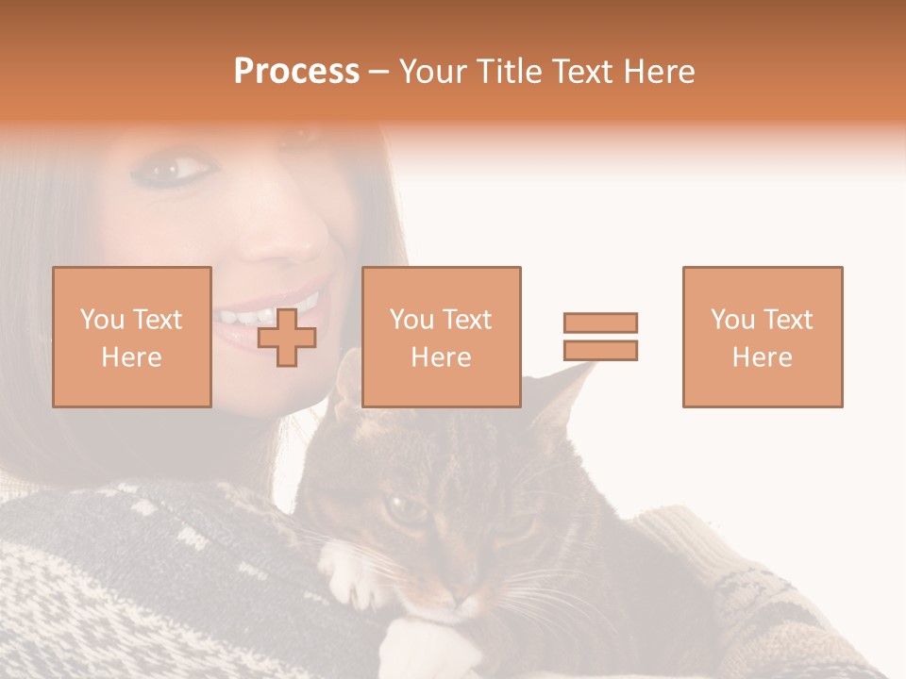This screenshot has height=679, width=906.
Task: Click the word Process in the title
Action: click(296, 72)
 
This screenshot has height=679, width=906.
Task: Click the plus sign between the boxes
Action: click(287, 337)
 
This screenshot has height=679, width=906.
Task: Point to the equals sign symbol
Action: click(600, 337)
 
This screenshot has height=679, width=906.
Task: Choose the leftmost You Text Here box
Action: click(132, 337)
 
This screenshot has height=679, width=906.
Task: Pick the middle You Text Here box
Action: click(441, 337)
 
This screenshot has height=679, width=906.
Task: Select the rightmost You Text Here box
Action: click(762, 337)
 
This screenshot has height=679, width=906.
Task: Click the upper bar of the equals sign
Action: click(600, 323)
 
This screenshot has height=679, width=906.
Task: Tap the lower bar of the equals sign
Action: click(600, 350)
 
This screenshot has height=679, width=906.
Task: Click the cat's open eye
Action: click(407, 509)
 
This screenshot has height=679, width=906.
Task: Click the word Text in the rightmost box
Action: click(786, 320)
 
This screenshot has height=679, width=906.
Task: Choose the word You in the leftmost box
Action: click(102, 320)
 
